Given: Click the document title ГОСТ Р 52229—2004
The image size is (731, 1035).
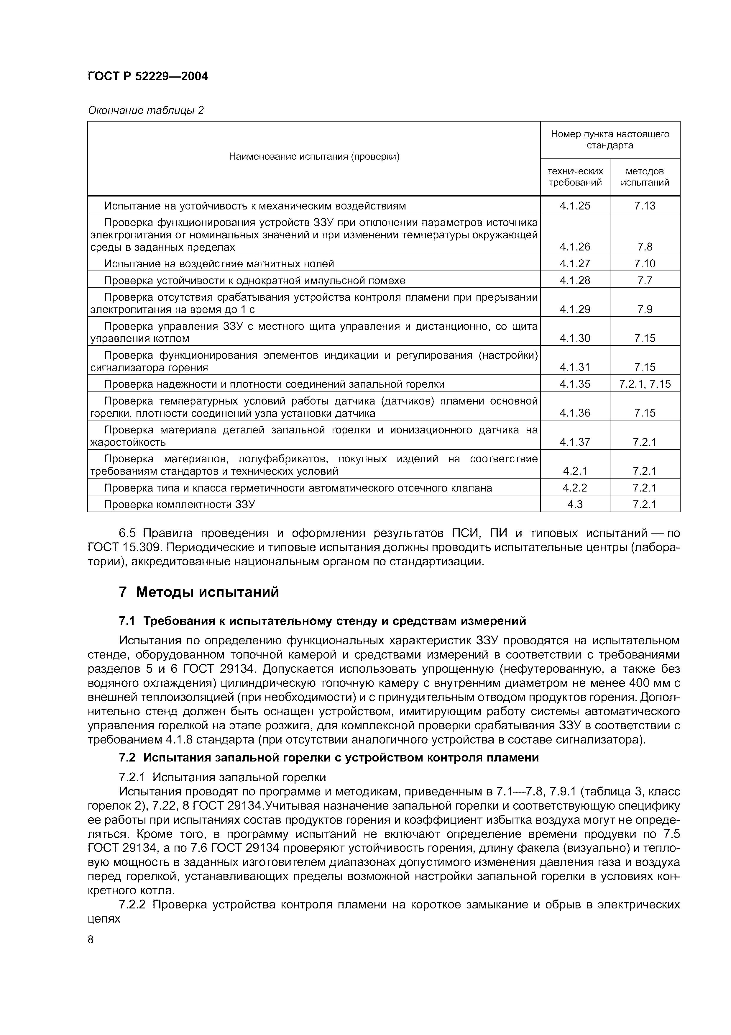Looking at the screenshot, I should coord(148,76).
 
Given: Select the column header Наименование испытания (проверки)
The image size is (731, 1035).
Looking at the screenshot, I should coord(314,156).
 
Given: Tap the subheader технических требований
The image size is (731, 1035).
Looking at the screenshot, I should coord(575,177).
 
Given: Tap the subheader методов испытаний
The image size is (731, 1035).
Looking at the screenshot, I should coord(645,177).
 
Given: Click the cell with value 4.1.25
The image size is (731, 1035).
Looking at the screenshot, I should coord(575,206).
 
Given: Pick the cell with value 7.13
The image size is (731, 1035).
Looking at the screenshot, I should coord(645,206).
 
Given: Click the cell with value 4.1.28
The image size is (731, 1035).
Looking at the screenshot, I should coord(575,280).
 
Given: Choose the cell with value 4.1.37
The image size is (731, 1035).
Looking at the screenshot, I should coord(575,442).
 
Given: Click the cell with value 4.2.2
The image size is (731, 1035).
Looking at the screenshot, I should coord(575,488).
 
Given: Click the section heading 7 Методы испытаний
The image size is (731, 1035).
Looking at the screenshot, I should coord(199,592).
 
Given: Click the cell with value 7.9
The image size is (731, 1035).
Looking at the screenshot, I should coord(645,309).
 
